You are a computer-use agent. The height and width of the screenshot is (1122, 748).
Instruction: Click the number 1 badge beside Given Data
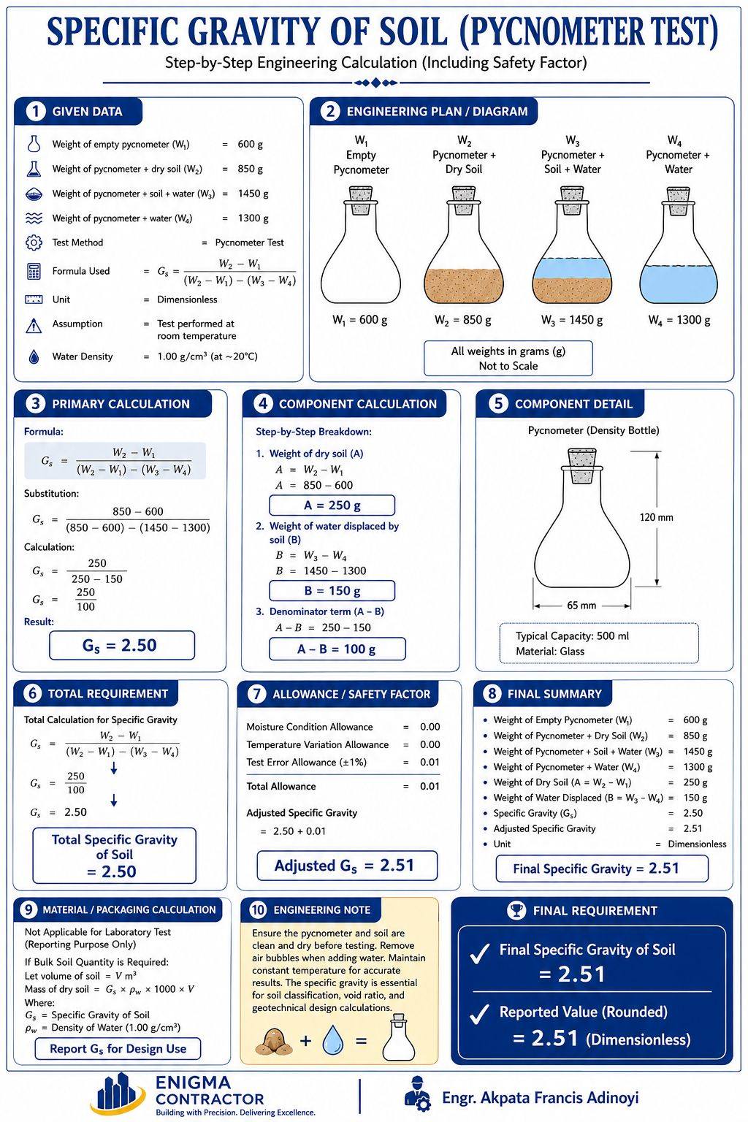[x=35, y=111]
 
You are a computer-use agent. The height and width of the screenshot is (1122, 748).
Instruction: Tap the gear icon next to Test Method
[x=34, y=243]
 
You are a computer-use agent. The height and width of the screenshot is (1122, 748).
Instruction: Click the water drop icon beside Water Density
[x=34, y=356]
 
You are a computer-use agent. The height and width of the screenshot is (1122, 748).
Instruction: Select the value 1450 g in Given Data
[x=253, y=194]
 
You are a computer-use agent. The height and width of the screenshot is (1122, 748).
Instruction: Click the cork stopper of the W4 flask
[x=679, y=200]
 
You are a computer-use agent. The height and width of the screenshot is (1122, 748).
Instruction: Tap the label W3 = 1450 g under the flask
[x=572, y=319]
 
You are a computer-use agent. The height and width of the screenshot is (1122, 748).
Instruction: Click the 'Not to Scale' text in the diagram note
[x=508, y=366]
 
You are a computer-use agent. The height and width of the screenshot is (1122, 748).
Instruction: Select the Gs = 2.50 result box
[x=122, y=645]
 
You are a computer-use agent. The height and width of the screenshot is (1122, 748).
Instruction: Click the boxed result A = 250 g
[x=332, y=505]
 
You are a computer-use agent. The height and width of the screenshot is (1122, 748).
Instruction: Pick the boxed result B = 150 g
[x=332, y=590]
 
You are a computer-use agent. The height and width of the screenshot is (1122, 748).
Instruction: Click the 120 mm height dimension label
[x=656, y=517]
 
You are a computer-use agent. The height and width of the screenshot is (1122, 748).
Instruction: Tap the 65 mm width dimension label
[x=581, y=605]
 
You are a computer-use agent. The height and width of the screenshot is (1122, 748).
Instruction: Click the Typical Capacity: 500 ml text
[x=572, y=636]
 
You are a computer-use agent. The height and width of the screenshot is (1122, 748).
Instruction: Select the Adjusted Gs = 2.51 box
[x=347, y=865]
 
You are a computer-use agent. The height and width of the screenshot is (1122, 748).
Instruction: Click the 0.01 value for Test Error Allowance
[x=430, y=762]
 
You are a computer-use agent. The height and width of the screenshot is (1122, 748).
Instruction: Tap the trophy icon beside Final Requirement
[x=516, y=910]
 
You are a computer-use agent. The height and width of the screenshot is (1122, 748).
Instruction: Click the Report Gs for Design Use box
[x=118, y=1048]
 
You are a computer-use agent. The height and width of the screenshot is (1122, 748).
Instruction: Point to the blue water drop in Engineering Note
[x=332, y=1040]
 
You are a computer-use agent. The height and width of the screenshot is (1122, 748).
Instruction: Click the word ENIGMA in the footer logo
[x=194, y=1083]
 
